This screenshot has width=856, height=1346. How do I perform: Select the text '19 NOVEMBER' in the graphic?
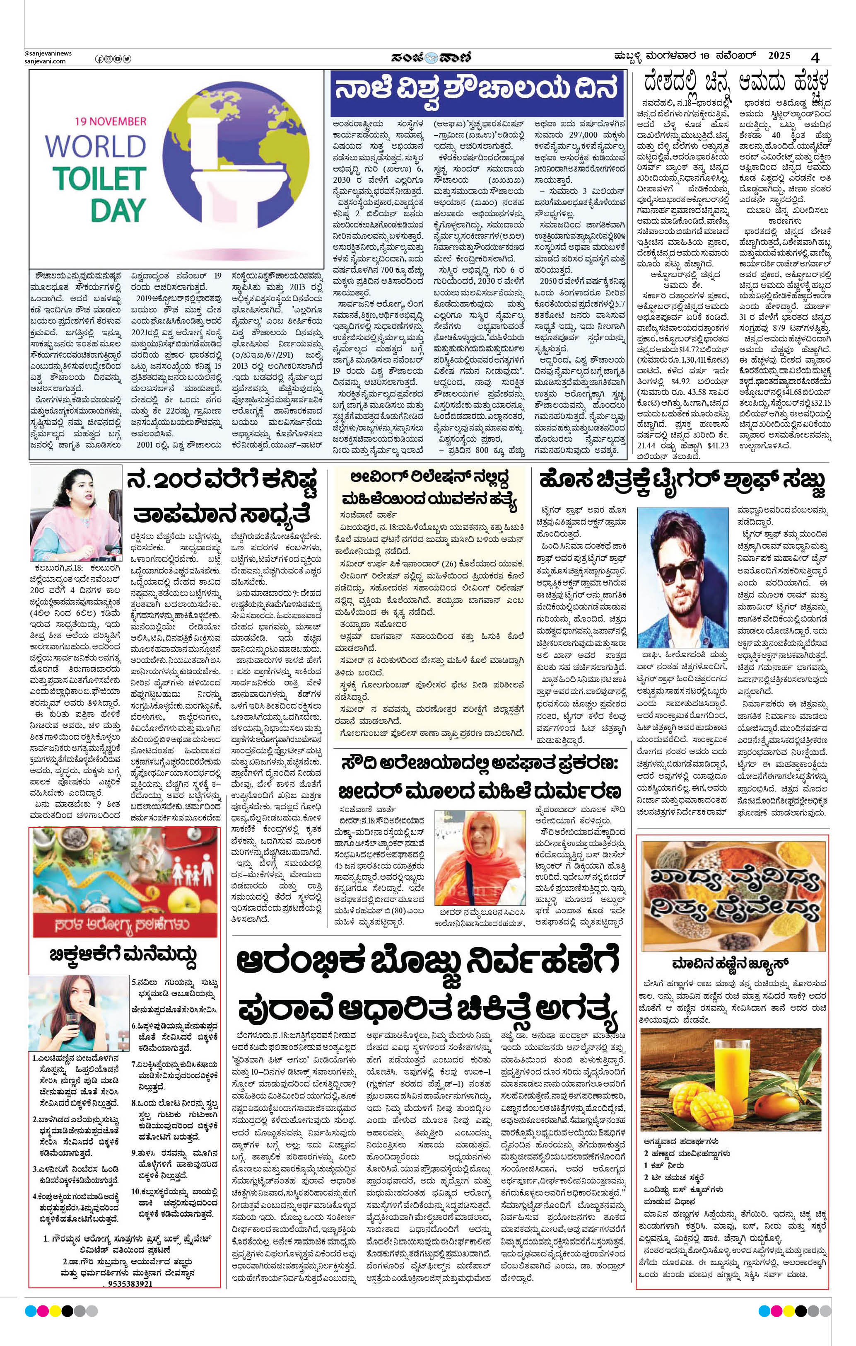click(110, 121)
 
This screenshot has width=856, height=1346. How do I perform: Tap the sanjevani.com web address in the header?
click(45, 61)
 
